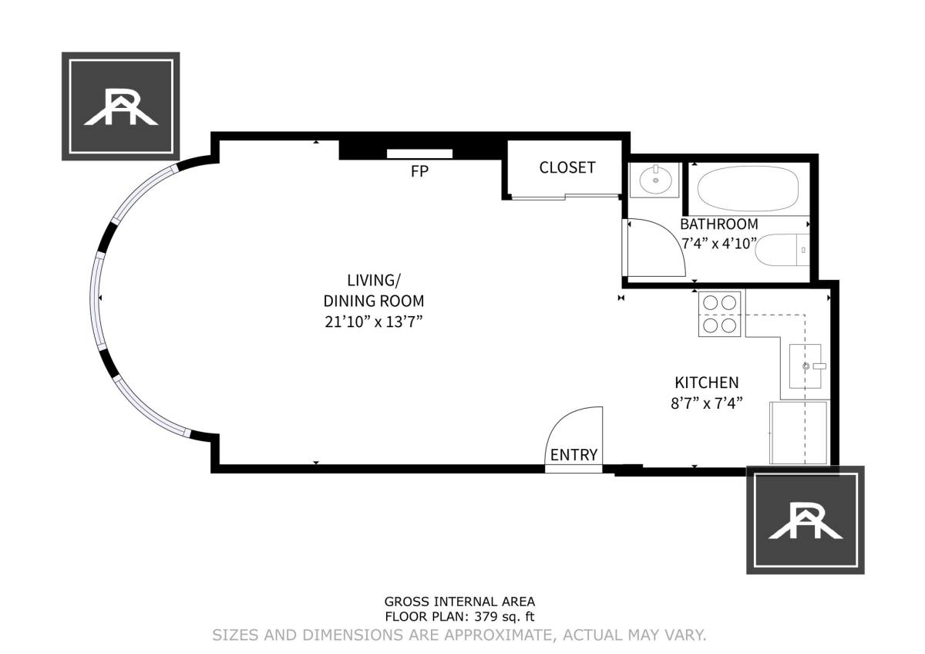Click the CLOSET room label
click(567, 167)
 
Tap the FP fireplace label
click(419, 171)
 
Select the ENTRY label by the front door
click(573, 455)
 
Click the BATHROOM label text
click(719, 224)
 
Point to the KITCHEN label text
click(707, 383)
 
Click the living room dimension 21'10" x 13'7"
click(374, 322)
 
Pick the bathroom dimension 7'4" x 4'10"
click(719, 244)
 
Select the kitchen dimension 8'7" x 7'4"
click(707, 403)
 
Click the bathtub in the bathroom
click(748, 189)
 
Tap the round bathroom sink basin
click(655, 180)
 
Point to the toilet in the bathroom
click(782, 250)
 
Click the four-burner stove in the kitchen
click(719, 314)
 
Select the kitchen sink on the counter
click(806, 366)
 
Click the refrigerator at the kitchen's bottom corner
click(799, 433)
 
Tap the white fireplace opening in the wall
click(419, 153)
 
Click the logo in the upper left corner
click(120, 106)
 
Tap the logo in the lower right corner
click(806, 520)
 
